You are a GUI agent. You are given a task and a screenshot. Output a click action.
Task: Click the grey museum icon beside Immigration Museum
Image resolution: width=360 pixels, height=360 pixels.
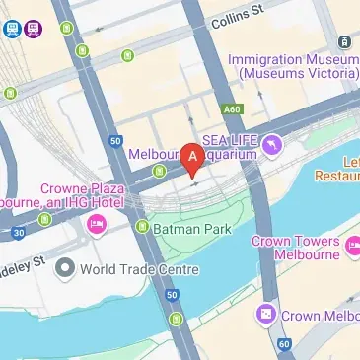(345, 41)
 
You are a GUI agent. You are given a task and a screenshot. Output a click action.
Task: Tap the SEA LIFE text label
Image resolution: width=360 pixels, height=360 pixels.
(229, 139)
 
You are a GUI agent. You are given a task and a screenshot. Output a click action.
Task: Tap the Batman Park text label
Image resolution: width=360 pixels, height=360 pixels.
(188, 228)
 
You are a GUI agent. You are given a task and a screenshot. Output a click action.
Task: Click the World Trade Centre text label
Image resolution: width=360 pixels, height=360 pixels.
(140, 268)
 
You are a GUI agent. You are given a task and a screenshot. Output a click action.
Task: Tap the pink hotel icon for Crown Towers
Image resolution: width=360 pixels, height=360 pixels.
(352, 252)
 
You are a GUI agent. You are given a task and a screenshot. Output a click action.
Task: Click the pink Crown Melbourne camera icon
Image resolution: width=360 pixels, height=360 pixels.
(265, 315)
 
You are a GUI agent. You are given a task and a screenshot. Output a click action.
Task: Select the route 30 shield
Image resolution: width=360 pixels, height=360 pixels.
(18, 233)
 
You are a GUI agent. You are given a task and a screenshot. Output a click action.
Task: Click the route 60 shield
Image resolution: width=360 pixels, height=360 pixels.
(285, 344)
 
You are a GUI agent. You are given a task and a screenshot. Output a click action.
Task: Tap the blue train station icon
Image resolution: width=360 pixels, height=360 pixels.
(12, 29)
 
